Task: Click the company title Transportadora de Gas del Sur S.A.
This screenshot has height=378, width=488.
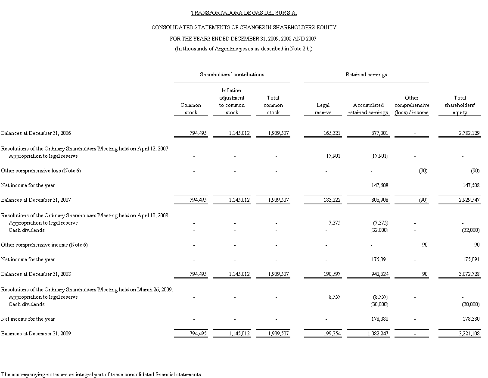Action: (244, 13)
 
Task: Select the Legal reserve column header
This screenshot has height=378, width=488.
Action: (323, 109)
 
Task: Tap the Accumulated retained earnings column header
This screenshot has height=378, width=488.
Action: (368, 109)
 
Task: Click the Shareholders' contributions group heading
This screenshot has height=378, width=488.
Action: (232, 75)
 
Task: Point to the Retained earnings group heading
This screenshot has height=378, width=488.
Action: (366, 75)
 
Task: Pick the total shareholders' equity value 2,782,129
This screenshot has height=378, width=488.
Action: (469, 133)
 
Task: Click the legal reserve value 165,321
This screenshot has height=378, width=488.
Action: (332, 133)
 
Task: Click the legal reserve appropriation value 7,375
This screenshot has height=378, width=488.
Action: (333, 223)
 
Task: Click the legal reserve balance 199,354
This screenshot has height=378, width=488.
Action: (332, 334)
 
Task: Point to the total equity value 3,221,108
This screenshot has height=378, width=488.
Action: (469, 334)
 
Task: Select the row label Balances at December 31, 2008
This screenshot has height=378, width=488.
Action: (36, 274)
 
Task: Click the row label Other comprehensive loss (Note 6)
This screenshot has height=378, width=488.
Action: (41, 171)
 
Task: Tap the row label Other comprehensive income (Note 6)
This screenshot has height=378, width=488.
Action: (44, 245)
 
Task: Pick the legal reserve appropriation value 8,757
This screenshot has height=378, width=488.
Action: (333, 297)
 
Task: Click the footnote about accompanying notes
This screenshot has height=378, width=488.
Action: (102, 374)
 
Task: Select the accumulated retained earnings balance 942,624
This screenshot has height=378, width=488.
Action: (379, 274)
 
